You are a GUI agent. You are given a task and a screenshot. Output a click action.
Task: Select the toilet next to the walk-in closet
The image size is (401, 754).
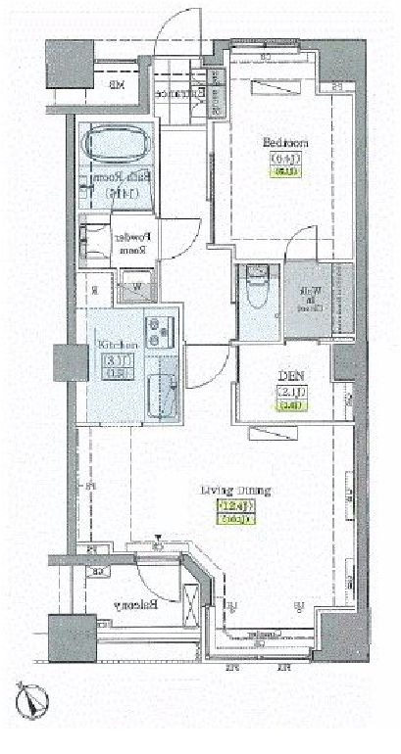pos(256,290)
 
